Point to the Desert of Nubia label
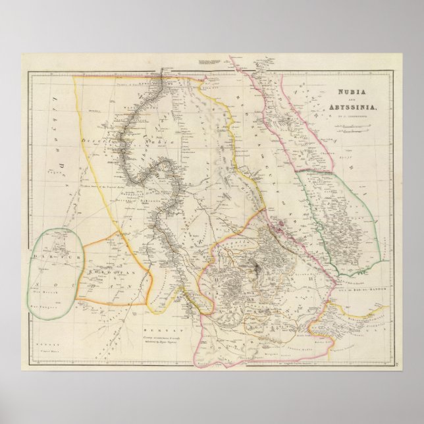point(105,141)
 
